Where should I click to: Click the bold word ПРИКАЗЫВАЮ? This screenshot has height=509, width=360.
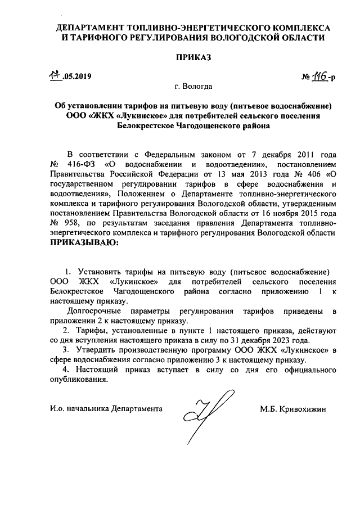(85, 243)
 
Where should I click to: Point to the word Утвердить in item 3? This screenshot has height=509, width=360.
(101, 350)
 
